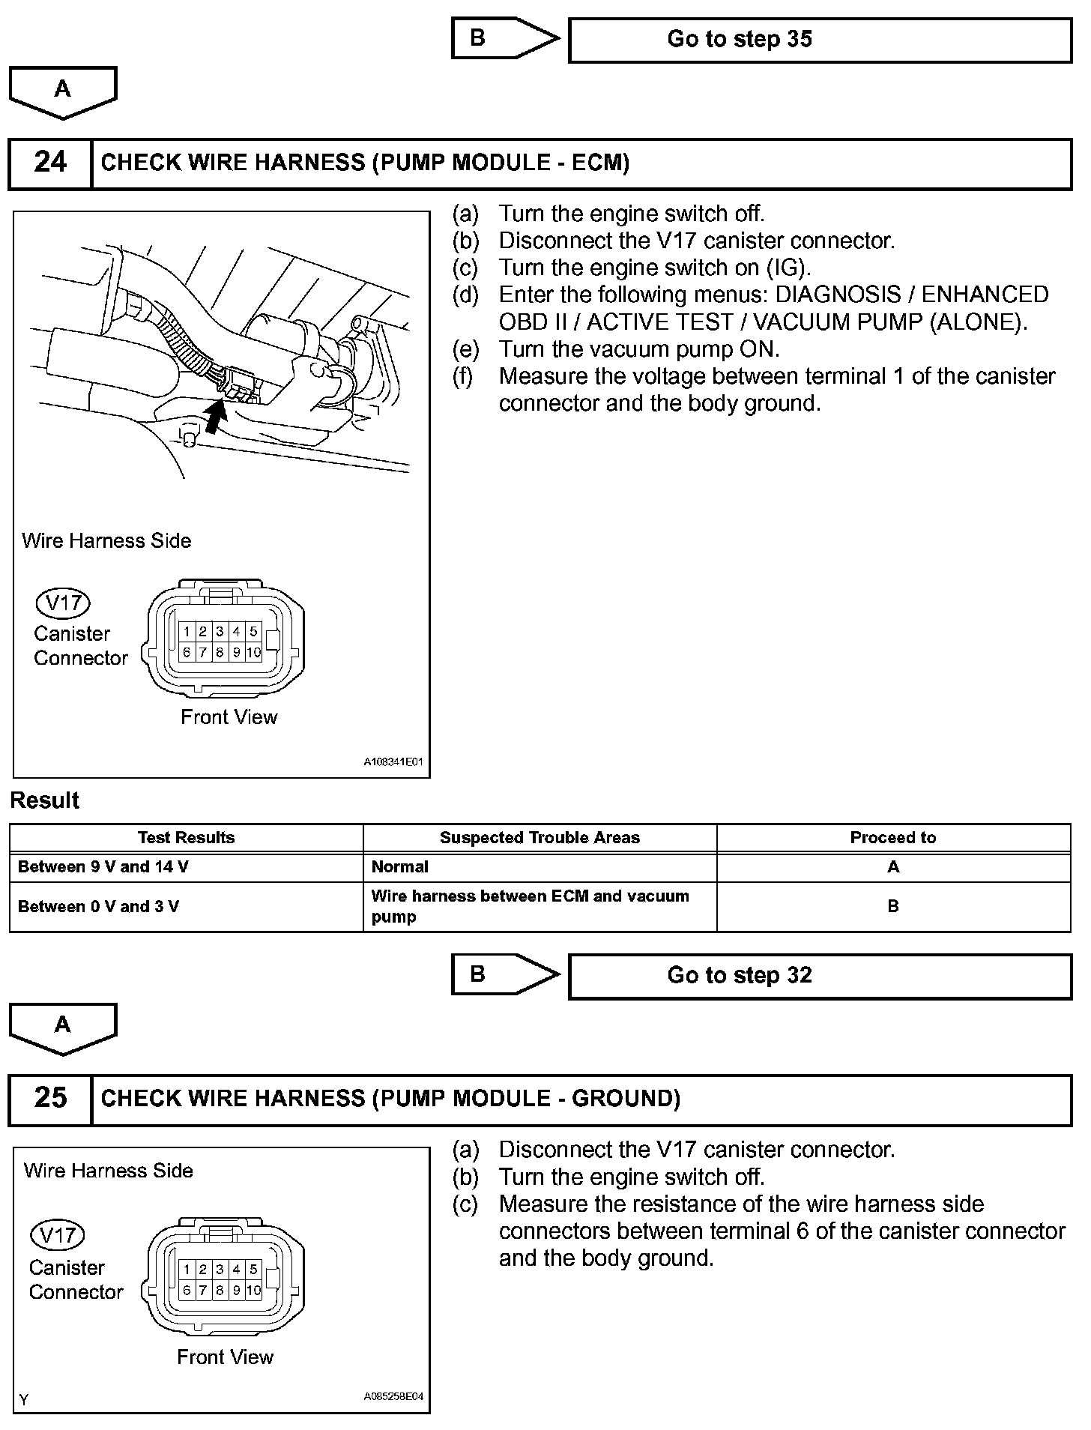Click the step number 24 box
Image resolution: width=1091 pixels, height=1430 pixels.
pyautogui.click(x=50, y=163)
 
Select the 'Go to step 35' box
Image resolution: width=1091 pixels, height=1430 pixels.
pyautogui.click(x=820, y=40)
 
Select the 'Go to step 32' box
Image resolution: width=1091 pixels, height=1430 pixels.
pyautogui.click(x=820, y=976)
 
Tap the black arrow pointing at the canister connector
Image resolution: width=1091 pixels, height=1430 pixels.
pyautogui.click(x=215, y=417)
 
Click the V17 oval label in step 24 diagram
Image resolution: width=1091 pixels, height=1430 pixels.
pyautogui.click(x=63, y=603)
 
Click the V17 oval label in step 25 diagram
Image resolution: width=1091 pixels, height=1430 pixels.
pyautogui.click(x=57, y=1234)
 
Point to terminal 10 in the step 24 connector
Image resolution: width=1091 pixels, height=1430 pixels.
pyautogui.click(x=253, y=652)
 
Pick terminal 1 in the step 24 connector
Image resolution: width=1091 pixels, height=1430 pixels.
pyautogui.click(x=187, y=632)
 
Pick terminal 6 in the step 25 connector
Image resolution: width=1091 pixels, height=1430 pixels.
pyautogui.click(x=186, y=1291)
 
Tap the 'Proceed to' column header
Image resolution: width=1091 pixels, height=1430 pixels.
pyautogui.click(x=892, y=838)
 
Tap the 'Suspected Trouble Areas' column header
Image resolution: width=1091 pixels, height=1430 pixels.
pyautogui.click(x=540, y=838)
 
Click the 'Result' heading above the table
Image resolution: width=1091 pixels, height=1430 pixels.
pyautogui.click(x=45, y=800)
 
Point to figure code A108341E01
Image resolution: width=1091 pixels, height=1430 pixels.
pyautogui.click(x=393, y=762)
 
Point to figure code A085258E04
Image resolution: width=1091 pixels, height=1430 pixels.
pyautogui.click(x=393, y=1397)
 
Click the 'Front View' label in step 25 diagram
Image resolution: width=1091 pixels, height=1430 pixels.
pyautogui.click(x=225, y=1357)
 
